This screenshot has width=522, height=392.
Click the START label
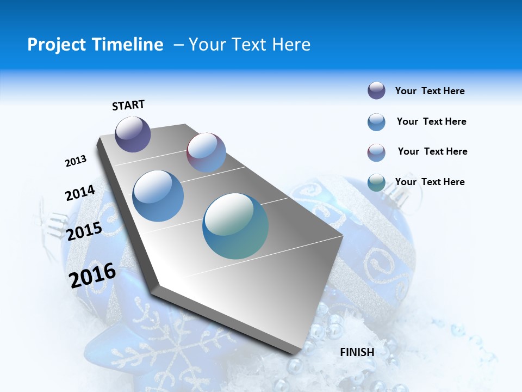128,105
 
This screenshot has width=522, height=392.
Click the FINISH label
357,352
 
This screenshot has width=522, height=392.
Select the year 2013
76,161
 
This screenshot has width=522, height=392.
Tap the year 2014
80,193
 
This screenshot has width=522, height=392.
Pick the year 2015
84,231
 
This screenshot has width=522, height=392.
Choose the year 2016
92,275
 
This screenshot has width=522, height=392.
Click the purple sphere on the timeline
133,134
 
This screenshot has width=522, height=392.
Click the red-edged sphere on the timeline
206,152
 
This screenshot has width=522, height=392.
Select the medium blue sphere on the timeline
158,196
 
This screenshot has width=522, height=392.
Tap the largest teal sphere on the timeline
235,226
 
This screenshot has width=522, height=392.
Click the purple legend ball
376,91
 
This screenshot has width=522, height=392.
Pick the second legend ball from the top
376,122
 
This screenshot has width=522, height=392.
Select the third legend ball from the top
376,152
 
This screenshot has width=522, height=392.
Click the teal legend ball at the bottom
376,182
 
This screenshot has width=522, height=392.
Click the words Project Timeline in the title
95,45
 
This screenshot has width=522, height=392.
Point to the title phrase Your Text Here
250,45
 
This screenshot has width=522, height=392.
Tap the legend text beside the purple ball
430,91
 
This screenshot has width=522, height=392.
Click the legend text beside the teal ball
430,182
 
